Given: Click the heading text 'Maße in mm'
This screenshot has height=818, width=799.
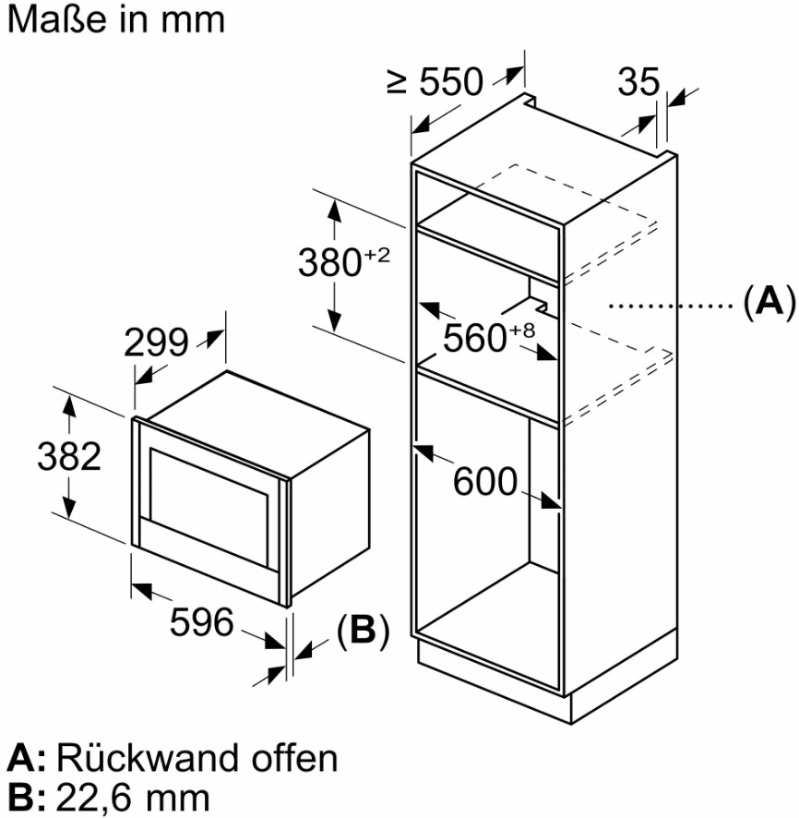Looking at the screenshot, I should point(115,19).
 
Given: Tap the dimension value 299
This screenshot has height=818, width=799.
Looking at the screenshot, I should point(157,343).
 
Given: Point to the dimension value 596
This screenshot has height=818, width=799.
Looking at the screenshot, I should point(202,623).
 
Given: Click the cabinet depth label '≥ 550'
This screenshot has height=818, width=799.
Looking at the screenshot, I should point(435,83).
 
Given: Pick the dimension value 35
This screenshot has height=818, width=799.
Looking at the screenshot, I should point(639,83).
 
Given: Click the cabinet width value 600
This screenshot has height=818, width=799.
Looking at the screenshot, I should point(485,481).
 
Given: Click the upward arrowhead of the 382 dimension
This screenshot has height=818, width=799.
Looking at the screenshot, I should point(67,403).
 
